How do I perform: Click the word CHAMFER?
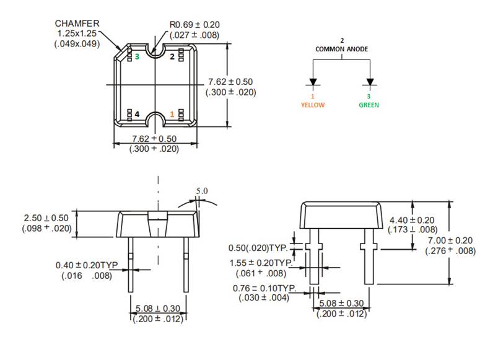tap(77, 23)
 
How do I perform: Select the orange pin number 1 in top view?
tap(172, 114)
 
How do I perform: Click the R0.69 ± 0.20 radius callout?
tap(194, 25)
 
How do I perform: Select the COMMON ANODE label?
tap(341, 48)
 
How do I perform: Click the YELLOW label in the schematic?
tap(313, 105)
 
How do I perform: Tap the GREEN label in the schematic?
tap(369, 105)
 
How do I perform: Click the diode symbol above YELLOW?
tap(313, 82)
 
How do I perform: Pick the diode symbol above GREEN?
tap(370, 82)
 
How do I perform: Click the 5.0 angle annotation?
tap(202, 191)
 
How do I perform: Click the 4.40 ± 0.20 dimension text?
tap(411, 220)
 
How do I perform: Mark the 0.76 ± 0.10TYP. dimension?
tap(264, 289)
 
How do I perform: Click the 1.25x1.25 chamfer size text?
tap(77, 33)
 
